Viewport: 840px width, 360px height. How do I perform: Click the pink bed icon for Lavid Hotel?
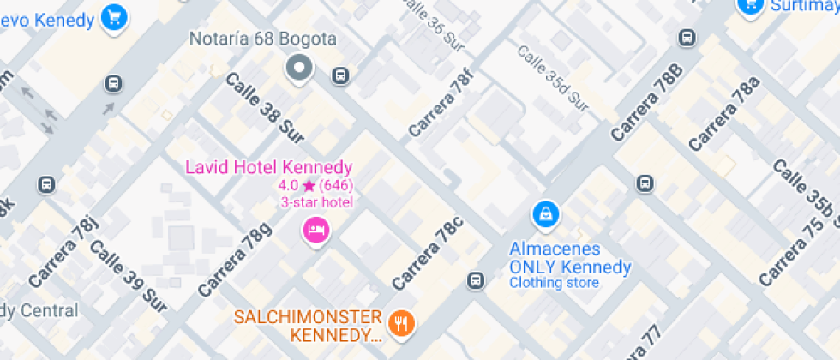[x=315, y=230]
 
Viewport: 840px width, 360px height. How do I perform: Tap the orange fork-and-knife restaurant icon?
[x=400, y=322]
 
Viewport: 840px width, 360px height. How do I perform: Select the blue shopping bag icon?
[x=544, y=215]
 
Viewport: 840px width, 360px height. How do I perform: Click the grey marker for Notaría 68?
[x=299, y=68]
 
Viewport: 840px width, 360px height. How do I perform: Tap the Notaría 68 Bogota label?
[x=262, y=39]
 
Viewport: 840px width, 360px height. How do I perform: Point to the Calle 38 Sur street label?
[x=265, y=104]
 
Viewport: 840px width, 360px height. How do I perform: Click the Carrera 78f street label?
[x=441, y=105]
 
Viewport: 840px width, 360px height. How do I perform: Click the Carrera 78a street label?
[x=724, y=111]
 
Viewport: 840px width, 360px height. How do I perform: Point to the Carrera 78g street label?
[x=234, y=259]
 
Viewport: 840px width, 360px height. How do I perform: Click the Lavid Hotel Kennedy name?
[x=269, y=166]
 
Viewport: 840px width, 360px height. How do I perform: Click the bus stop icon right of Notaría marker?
[x=340, y=75]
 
